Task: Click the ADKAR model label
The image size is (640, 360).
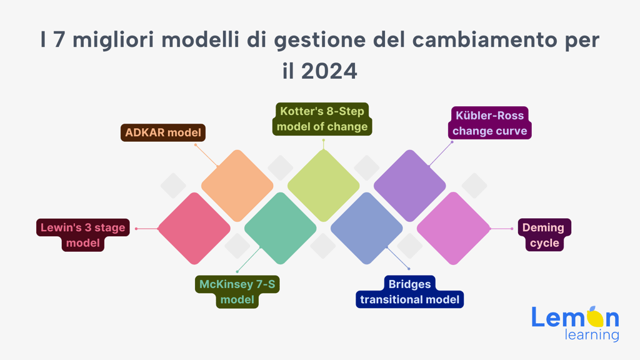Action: point(163,132)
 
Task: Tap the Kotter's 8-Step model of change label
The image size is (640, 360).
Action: point(322,119)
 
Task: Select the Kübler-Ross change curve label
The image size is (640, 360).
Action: point(489,123)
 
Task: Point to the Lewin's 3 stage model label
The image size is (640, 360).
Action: point(83,235)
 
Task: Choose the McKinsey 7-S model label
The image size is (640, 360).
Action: point(237,292)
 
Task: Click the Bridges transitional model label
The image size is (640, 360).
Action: point(410,292)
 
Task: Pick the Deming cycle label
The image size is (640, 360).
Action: point(544,235)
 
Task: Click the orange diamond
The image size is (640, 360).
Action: point(237,186)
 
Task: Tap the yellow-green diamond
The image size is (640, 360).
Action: point(323,186)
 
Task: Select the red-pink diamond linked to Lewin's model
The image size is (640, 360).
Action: point(194,229)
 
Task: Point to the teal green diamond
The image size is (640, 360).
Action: point(281,229)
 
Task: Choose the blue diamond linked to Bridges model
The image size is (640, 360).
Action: point(366,229)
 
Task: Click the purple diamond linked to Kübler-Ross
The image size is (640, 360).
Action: point(410,186)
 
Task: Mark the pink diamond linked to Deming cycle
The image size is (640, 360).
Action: point(453,229)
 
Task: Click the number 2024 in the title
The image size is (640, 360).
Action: point(329,71)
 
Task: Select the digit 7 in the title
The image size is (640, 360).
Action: point(59,40)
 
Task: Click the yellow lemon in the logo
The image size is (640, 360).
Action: point(595,317)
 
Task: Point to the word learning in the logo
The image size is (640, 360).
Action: point(592,335)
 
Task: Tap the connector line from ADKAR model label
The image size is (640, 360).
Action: point(207,156)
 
